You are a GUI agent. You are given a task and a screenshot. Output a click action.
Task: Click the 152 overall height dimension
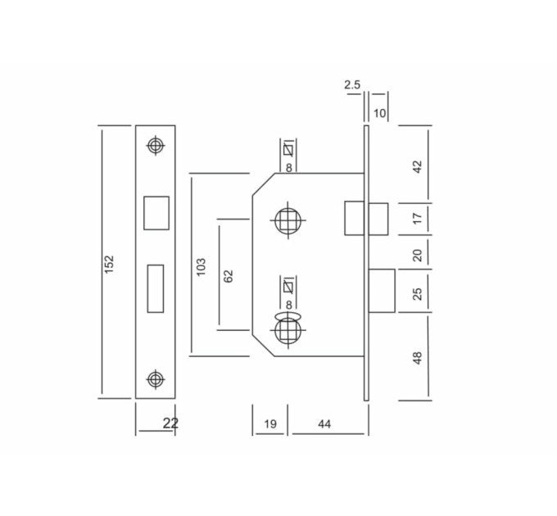109,264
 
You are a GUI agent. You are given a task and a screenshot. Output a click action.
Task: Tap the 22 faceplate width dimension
170,423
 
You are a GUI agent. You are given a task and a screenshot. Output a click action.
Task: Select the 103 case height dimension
201,267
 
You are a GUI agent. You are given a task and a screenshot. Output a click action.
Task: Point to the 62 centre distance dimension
229,276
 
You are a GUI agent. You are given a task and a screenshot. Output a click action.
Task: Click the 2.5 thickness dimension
352,85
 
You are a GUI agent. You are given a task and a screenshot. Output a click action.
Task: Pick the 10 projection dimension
379,113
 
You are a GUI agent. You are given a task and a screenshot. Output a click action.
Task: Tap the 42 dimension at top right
418,166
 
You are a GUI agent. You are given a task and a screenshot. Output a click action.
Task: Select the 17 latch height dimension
418,218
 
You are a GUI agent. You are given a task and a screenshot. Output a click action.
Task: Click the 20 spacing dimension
418,255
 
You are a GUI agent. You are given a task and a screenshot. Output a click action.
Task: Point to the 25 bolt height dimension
418,294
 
